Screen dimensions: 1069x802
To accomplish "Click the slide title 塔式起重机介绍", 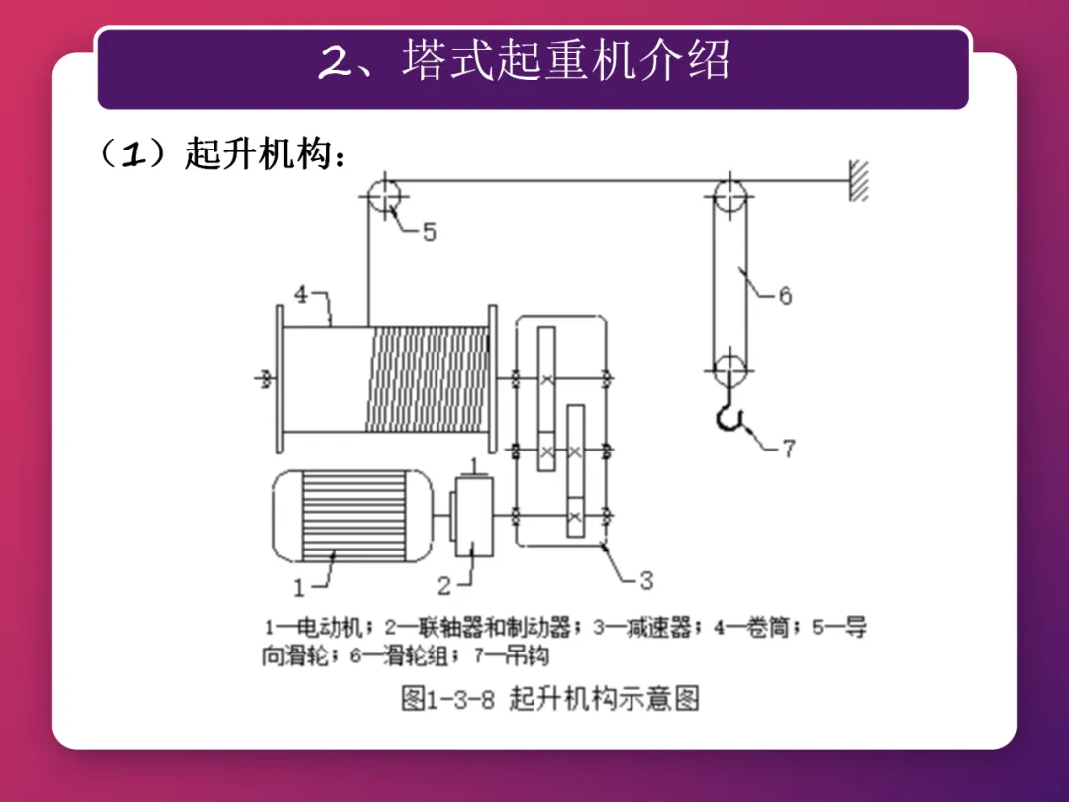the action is click(566, 61).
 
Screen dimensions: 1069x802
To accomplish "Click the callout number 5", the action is click(429, 233).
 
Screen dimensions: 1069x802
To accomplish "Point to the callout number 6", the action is click(784, 295).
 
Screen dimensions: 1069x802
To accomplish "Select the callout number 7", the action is click(788, 449).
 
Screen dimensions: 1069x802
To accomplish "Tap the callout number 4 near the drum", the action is click(301, 294).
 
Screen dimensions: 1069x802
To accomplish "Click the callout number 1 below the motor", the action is click(300, 587).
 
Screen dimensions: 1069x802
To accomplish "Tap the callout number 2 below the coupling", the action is click(444, 586).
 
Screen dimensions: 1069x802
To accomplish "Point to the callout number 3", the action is click(645, 579).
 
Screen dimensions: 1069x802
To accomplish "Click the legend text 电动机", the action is click(332, 628).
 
